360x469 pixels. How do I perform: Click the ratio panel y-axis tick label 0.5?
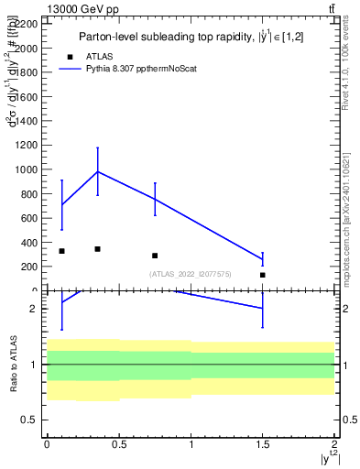pyautogui.click(x=30, y=420)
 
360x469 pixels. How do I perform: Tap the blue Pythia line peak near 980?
pyautogui.click(x=98, y=171)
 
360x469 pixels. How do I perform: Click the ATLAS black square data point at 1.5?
pyautogui.click(x=263, y=275)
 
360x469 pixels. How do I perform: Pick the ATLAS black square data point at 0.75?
pyautogui.click(x=155, y=256)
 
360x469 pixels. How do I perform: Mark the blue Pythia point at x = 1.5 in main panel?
pyautogui.click(x=263, y=260)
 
